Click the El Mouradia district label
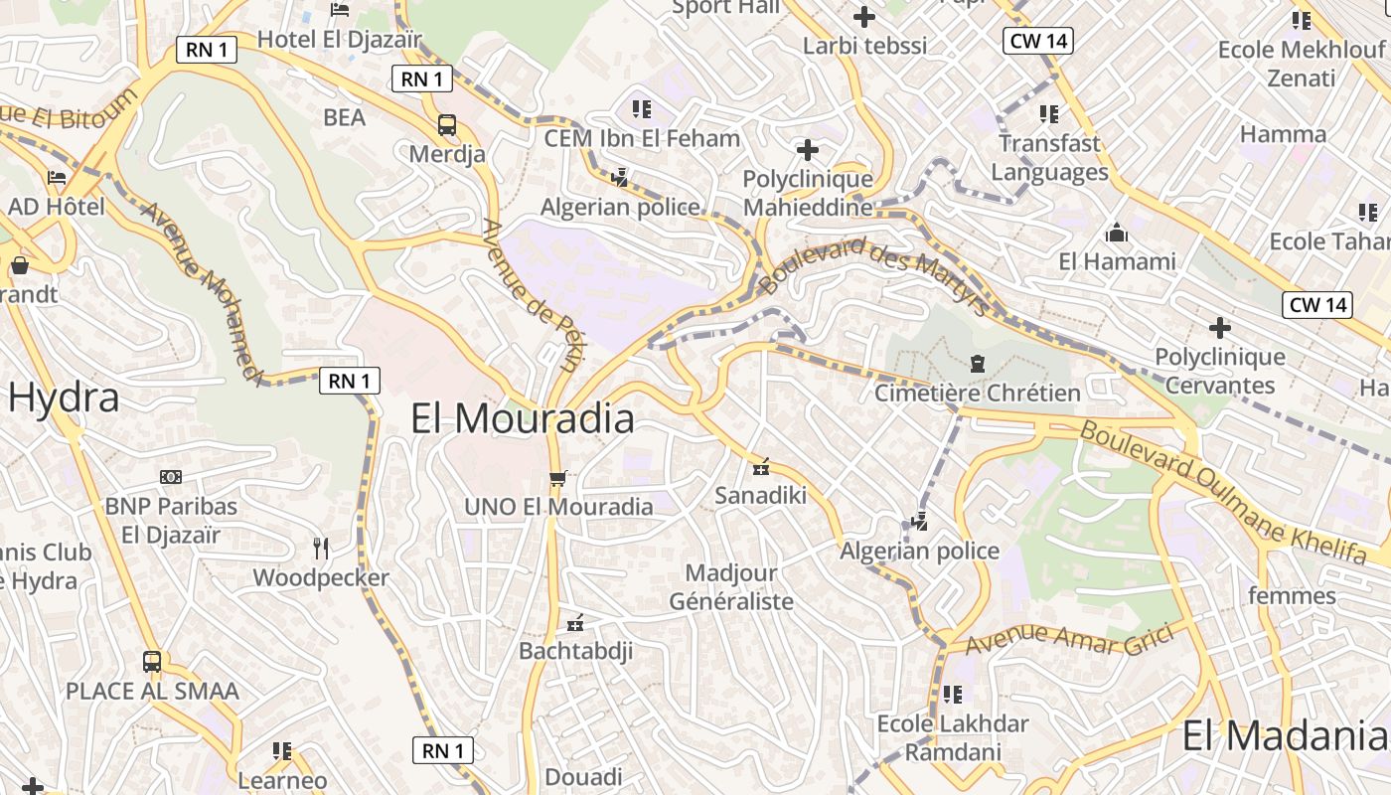pyautogui.click(x=523, y=418)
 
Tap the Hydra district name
pyautogui.click(x=64, y=397)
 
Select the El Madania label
pyautogui.click(x=1284, y=736)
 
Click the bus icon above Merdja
pyautogui.click(x=447, y=125)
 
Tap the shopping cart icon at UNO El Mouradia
pyautogui.click(x=558, y=479)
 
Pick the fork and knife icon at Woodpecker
pyautogui.click(x=321, y=549)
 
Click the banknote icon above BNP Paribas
pyautogui.click(x=171, y=477)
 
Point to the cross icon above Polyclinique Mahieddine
pyautogui.click(x=808, y=150)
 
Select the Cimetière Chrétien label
pyautogui.click(x=977, y=393)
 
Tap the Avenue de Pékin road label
pyautogui.click(x=530, y=295)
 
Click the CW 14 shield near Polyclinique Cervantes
pyautogui.click(x=1317, y=304)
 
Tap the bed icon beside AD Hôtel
pyautogui.click(x=57, y=178)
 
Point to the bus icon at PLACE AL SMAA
pyautogui.click(x=152, y=661)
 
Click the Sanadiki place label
pyautogui.click(x=760, y=495)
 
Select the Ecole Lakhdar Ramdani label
pyautogui.click(x=953, y=737)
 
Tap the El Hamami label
pyautogui.click(x=1117, y=261)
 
